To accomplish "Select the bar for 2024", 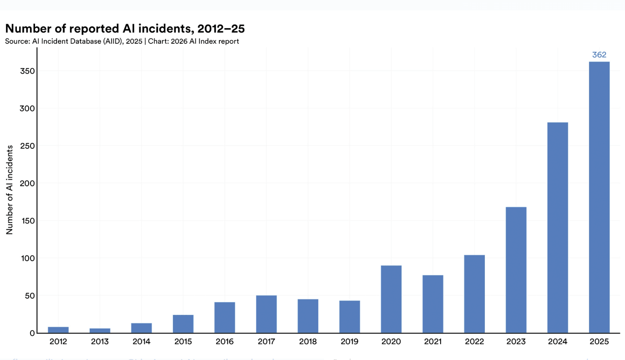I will pos(558,228).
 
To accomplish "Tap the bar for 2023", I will pos(516,270).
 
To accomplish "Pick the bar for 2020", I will pos(391,299).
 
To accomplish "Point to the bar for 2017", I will pos(266,314).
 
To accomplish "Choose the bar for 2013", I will pos(100,330).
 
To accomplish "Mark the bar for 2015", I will pos(183,324).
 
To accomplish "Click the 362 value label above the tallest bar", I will pos(599,55).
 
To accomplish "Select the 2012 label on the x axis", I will pos(58,342).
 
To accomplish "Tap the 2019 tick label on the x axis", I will pos(350,342).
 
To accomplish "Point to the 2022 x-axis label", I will pos(474,342).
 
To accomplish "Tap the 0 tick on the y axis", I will pos(32,333).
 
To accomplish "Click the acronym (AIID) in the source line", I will pos(115,41).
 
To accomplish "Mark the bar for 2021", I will pos(433,304).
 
